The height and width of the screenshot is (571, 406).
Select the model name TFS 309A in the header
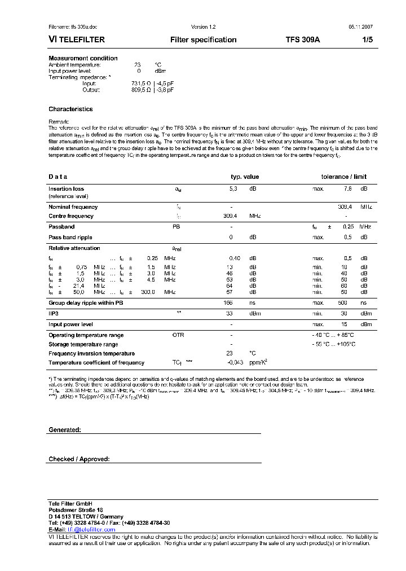302,40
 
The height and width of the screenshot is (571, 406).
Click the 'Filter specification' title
203,40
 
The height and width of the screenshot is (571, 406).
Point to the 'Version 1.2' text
203,27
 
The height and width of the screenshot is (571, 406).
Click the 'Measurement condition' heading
83,58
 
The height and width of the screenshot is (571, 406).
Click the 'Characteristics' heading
70,109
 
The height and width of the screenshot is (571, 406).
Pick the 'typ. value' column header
245,177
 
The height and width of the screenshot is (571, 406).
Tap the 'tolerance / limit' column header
344,177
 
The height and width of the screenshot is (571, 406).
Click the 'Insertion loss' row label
66,189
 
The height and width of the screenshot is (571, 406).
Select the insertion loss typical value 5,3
233,189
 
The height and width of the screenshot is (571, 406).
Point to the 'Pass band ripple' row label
70,238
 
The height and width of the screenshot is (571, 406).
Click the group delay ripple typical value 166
228,303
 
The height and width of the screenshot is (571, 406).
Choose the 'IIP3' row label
55,313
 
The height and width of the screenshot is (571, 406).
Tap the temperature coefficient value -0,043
235,363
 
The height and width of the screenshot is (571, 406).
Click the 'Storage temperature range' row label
83,344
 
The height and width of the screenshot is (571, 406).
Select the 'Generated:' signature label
65,430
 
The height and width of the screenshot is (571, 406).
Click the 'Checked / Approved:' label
79,459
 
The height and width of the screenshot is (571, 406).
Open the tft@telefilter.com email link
91,530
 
